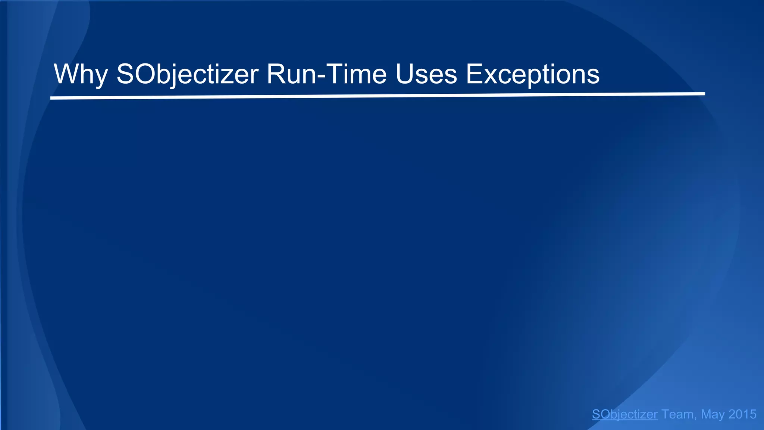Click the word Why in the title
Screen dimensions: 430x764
pyautogui.click(x=81, y=75)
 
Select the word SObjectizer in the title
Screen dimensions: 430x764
pyautogui.click(x=187, y=75)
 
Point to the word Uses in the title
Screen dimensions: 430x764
pyautogui.click(x=426, y=74)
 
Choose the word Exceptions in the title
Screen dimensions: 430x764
pyautogui.click(x=532, y=75)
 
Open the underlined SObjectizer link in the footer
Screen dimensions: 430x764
pyautogui.click(x=624, y=414)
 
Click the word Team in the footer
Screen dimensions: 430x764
pyautogui.click(x=677, y=414)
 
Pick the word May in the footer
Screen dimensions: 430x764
pyautogui.click(x=713, y=414)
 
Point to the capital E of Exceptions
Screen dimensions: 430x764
pyautogui.click(x=474, y=74)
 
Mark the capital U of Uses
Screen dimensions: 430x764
pyautogui.click(x=404, y=74)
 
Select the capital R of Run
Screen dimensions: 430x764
pyautogui.click(x=276, y=74)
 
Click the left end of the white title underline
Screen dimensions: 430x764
pyautogui.click(x=51, y=98)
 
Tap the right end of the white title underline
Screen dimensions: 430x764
pyautogui.click(x=704, y=94)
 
